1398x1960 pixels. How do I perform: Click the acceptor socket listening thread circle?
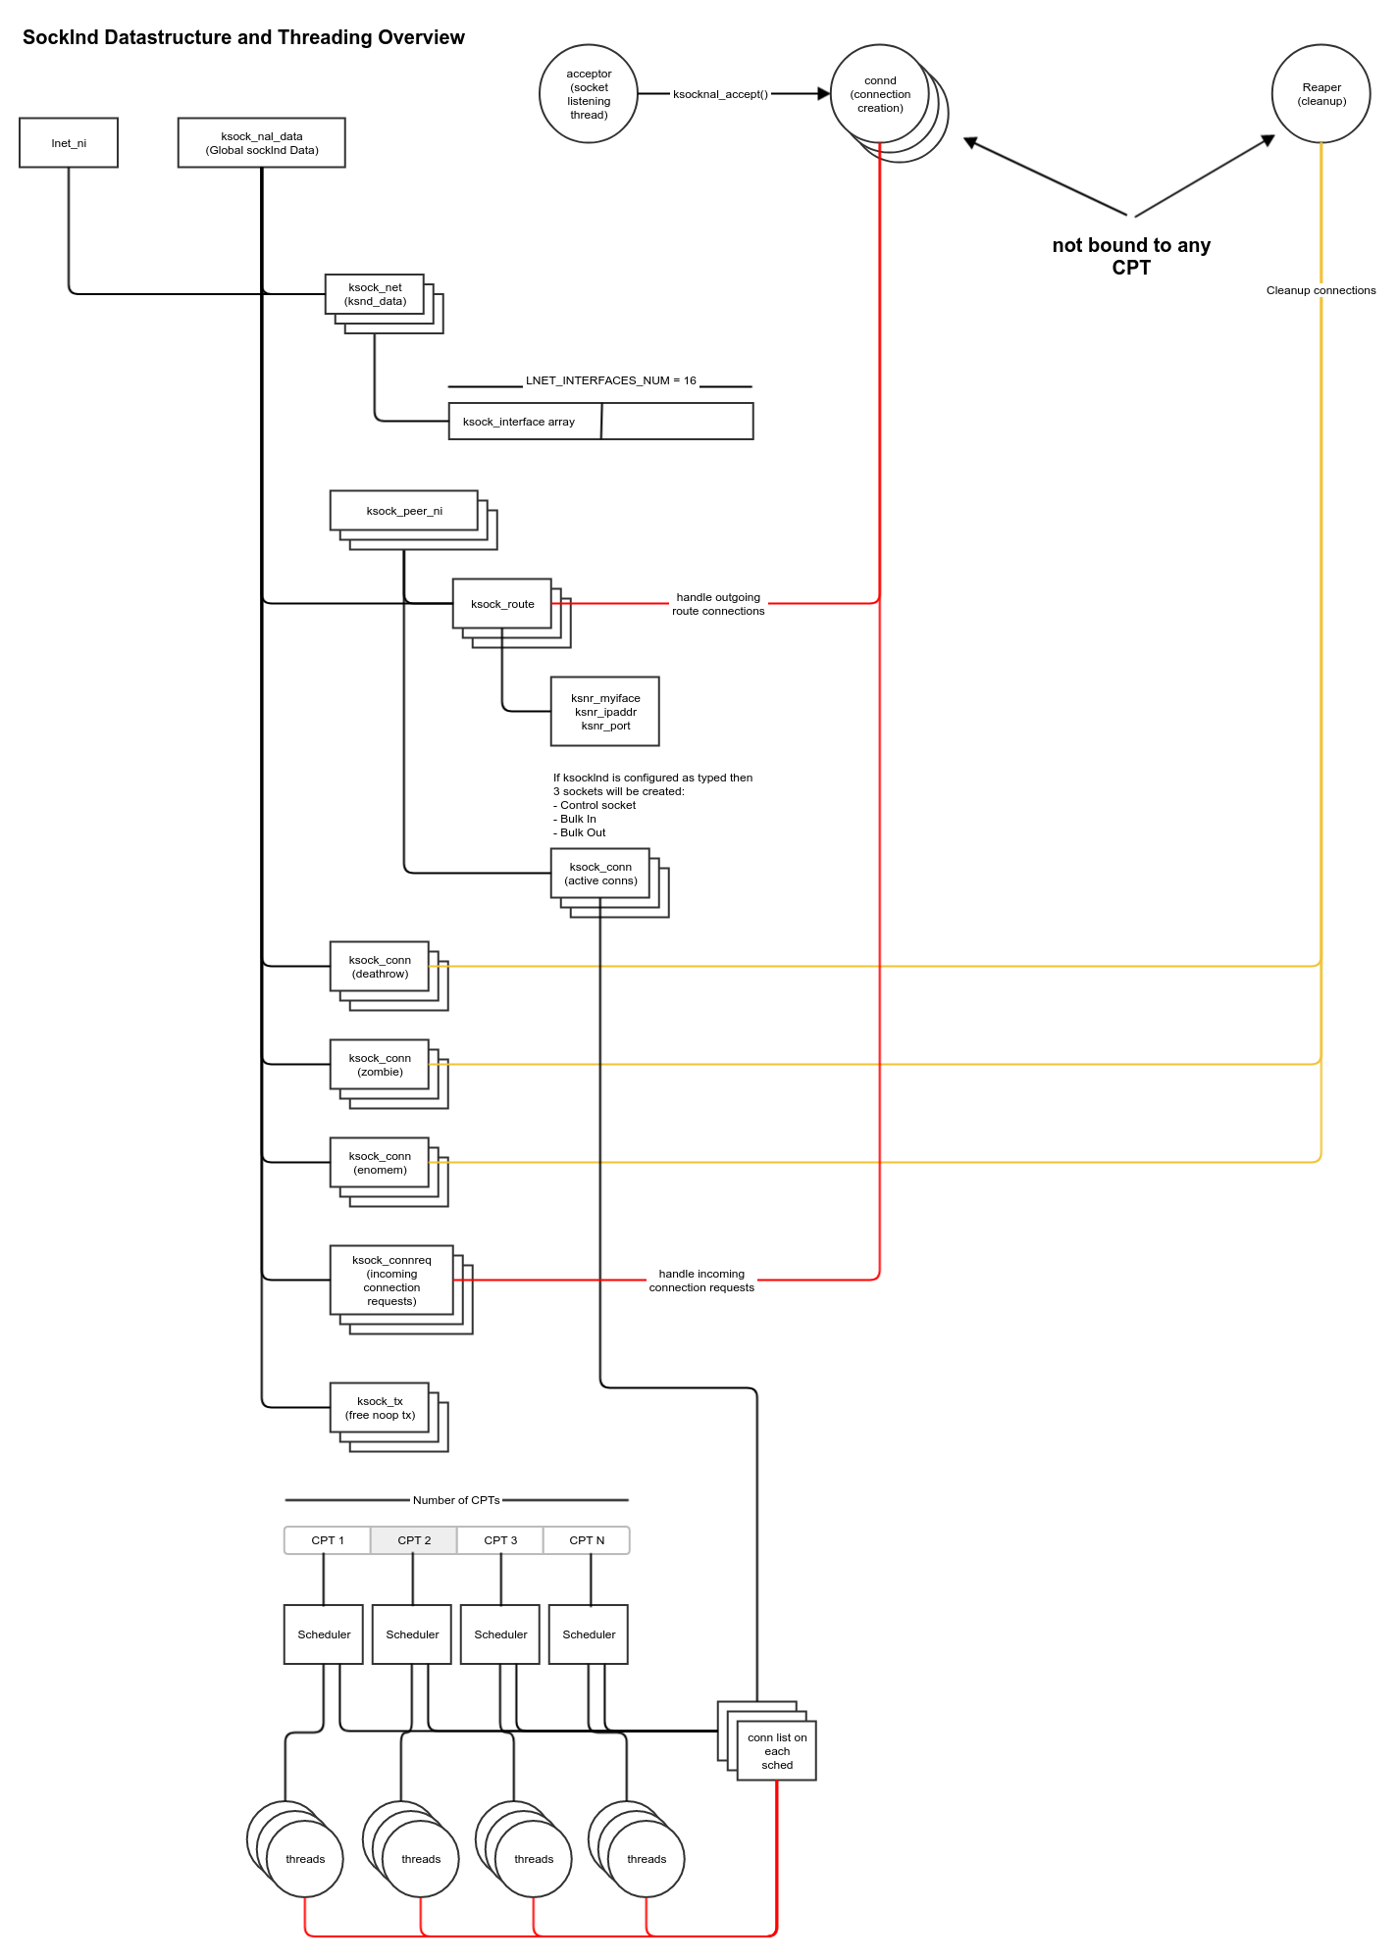click(589, 94)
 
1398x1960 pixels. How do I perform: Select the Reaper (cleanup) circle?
click(1320, 94)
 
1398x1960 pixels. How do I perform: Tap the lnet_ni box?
click(69, 143)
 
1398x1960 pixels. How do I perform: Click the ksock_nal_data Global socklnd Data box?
click(261, 143)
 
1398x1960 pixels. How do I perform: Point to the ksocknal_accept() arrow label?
click(720, 94)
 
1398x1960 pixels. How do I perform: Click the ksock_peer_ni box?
click(404, 511)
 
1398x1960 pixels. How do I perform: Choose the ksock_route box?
click(502, 604)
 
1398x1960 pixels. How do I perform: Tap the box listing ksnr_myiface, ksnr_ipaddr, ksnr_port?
click(605, 712)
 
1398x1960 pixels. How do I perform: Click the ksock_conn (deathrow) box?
click(380, 967)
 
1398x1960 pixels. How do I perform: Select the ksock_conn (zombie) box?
click(380, 1065)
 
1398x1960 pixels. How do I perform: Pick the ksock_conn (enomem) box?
click(380, 1163)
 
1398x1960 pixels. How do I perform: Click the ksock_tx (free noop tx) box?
click(380, 1408)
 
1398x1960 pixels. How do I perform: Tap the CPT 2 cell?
click(414, 1540)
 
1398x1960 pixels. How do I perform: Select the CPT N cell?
click(587, 1540)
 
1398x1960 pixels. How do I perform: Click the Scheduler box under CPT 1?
click(324, 1634)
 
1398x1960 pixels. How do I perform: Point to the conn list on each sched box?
click(777, 1751)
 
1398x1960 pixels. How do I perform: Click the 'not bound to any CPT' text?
click(1131, 256)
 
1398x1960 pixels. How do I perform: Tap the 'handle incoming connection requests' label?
click(701, 1281)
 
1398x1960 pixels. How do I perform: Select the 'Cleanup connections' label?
click(1320, 290)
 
